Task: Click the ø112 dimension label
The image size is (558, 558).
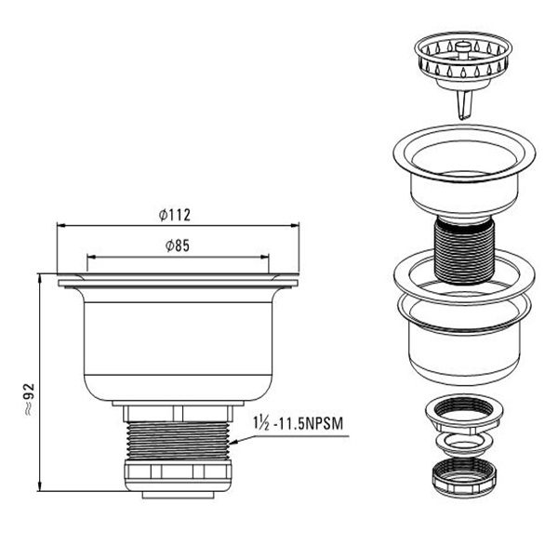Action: [175, 215]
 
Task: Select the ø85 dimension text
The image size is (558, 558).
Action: [178, 246]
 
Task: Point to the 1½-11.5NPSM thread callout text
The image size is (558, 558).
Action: [299, 423]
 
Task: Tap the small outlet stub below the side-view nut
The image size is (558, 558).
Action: [178, 495]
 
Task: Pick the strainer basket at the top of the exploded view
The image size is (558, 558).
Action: [463, 60]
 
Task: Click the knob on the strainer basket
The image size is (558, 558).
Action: [463, 47]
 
